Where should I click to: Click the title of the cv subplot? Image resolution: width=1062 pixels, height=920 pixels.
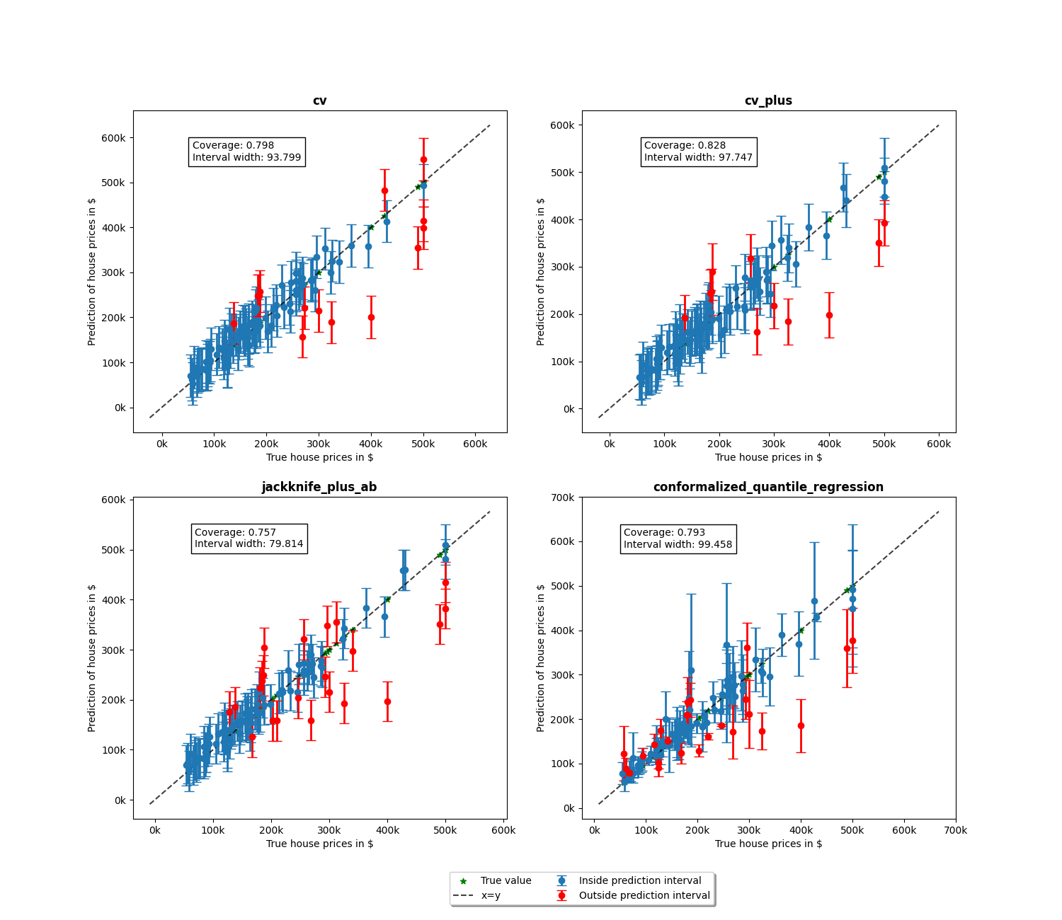pyautogui.click(x=319, y=100)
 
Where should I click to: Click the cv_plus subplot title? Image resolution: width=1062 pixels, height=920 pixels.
pyautogui.click(x=768, y=100)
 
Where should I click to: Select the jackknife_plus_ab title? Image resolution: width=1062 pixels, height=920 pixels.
pyautogui.click(x=319, y=487)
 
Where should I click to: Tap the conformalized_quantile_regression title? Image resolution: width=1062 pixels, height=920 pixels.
pyautogui.click(x=768, y=487)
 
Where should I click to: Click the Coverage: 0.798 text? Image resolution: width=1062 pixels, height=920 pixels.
pyautogui.click(x=233, y=145)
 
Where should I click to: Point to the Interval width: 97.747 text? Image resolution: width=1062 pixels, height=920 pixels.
pyautogui.click(x=698, y=157)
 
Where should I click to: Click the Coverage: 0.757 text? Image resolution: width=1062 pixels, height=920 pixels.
pyautogui.click(x=235, y=532)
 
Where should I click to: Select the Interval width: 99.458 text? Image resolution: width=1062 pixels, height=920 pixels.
pyautogui.click(x=678, y=544)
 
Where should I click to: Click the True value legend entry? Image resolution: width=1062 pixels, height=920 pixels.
pyautogui.click(x=506, y=880)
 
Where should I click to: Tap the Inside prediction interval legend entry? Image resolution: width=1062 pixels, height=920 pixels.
pyautogui.click(x=639, y=880)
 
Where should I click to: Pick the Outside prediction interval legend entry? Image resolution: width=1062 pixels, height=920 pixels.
pyautogui.click(x=644, y=895)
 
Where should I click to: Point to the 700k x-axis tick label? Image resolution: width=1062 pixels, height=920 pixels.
pyautogui.click(x=955, y=830)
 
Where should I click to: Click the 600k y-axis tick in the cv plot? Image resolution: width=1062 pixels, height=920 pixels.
pyautogui.click(x=113, y=138)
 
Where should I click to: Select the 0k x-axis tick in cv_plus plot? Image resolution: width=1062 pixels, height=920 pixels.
pyautogui.click(x=609, y=444)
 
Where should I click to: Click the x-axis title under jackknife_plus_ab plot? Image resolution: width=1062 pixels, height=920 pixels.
pyautogui.click(x=319, y=844)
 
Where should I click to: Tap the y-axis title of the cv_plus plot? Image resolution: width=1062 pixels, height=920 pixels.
pyautogui.click(x=541, y=271)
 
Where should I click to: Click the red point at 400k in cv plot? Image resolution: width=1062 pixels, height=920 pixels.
pyautogui.click(x=371, y=317)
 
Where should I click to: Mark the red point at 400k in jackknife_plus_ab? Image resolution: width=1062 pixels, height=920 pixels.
pyautogui.click(x=387, y=701)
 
